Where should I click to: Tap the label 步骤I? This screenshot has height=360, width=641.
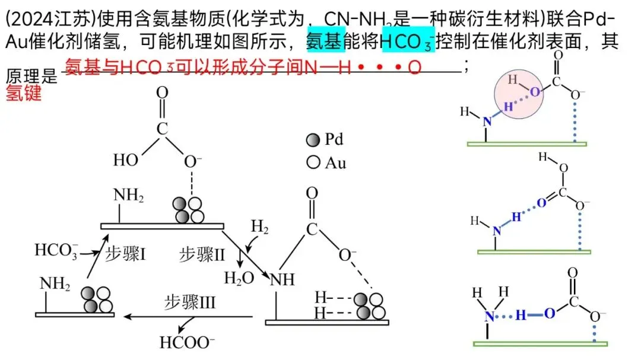126,254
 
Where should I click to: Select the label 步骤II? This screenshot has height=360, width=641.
202,255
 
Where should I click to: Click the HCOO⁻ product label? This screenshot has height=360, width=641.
187,342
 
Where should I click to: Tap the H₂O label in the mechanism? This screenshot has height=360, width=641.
239,278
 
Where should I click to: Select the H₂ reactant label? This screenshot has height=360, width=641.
260,226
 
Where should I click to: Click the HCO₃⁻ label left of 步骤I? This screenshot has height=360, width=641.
56,250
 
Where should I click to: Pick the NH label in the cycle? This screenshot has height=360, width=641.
282,279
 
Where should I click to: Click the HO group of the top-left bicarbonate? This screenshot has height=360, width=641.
126,160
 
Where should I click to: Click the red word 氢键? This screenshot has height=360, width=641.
24,94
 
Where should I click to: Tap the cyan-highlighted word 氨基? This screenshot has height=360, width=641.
325,42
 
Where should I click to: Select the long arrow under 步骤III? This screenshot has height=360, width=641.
189,318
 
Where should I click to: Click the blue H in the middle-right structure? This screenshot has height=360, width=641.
516,217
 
